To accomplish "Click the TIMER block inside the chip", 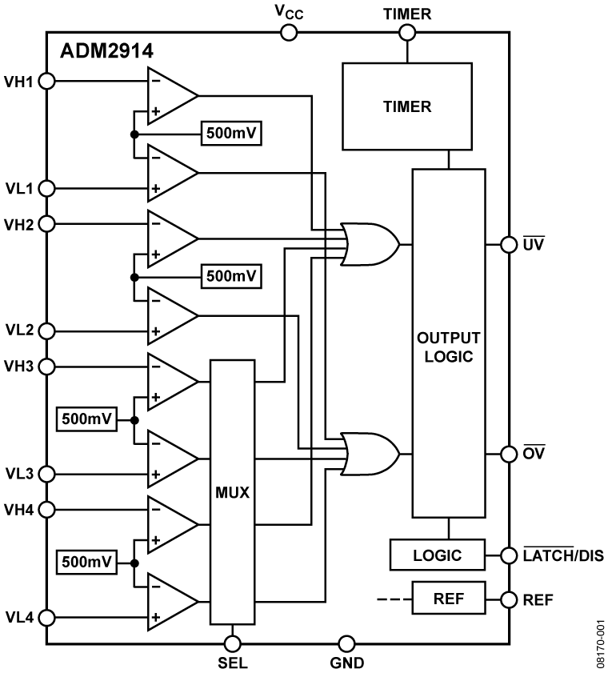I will (407, 106).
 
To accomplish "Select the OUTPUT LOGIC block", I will (449, 343).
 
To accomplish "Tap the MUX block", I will (233, 492).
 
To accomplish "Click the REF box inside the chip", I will (449, 598).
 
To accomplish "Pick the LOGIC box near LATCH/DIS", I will (438, 555).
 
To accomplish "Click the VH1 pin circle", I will (46, 81).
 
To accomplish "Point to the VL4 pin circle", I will (46, 618).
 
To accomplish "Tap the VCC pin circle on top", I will (288, 32).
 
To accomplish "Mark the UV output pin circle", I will (508, 244).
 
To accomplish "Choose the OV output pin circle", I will (508, 455).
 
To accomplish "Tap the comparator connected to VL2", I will (170, 316).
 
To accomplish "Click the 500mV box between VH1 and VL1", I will (232, 133).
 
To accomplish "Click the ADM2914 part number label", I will (106, 52).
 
